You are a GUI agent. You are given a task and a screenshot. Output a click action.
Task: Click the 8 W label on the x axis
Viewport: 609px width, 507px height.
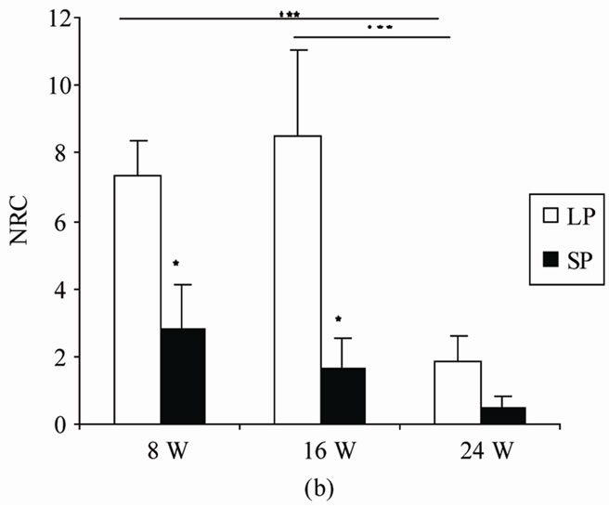[x=160, y=452]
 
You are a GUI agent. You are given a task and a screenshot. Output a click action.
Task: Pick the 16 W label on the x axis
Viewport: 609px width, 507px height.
[x=319, y=452]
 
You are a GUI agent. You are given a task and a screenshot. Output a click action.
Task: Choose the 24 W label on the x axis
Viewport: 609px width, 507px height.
[x=480, y=452]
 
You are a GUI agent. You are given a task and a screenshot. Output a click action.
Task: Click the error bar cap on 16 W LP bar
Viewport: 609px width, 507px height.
[x=297, y=50]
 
